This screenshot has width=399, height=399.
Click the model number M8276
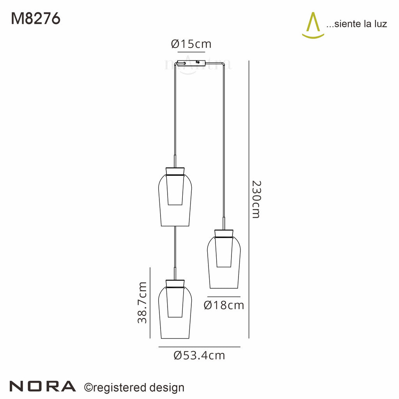coord(35,18)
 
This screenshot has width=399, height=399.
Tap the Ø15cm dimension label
coord(191,44)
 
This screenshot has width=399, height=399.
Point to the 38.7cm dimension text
coord(142,302)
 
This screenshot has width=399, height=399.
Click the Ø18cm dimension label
coord(224,305)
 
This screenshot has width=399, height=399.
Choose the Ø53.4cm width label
coord(199,355)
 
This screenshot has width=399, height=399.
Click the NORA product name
coord(42,386)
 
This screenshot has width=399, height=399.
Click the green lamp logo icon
coord(313,26)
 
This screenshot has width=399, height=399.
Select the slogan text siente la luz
coord(356,24)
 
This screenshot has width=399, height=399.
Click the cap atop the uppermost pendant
coord(175,171)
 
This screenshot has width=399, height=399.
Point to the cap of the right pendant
coord(224,233)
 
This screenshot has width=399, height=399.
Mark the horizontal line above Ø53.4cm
coord(199,347)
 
